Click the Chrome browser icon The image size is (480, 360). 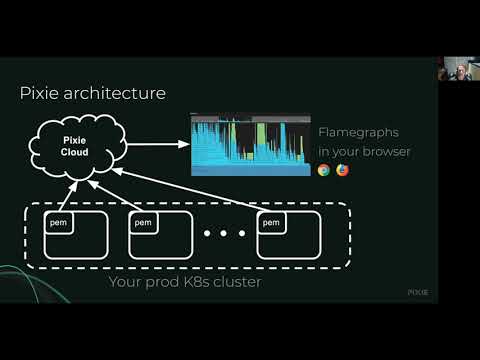[324, 170]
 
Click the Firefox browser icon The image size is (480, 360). [342, 170]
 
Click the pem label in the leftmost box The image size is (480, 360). [58, 222]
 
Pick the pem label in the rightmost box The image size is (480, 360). [270, 222]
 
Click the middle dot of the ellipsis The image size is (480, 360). [225, 235]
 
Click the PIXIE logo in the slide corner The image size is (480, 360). [417, 292]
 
